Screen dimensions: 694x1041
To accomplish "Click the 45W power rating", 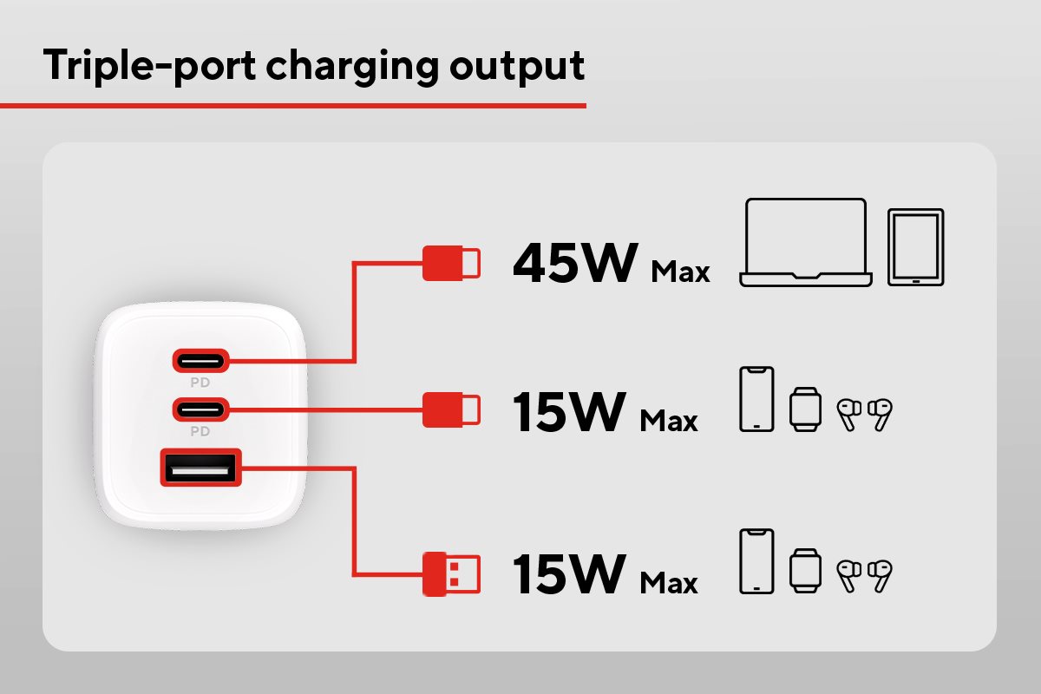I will tap(574, 262).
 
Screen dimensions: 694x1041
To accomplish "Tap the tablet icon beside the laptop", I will tap(915, 247).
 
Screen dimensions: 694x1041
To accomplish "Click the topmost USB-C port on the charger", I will tap(200, 358).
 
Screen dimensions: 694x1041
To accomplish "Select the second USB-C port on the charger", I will tap(200, 407).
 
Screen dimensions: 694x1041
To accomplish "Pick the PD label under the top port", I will tap(200, 382).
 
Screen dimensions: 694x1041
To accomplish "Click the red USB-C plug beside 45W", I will tap(452, 263).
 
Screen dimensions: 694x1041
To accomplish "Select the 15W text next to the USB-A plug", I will tap(568, 573).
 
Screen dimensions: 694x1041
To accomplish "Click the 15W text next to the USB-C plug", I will tap(568, 411).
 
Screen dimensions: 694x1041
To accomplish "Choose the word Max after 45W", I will tap(680, 272).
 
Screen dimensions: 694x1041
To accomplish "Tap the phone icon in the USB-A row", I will tap(756, 560).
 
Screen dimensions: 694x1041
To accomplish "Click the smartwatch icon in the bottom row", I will tap(804, 570).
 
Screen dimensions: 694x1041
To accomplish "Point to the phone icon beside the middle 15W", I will tap(756, 399).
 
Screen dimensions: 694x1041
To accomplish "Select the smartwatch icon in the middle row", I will tap(804, 409).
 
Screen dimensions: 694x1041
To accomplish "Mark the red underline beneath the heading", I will tap(293, 106).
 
